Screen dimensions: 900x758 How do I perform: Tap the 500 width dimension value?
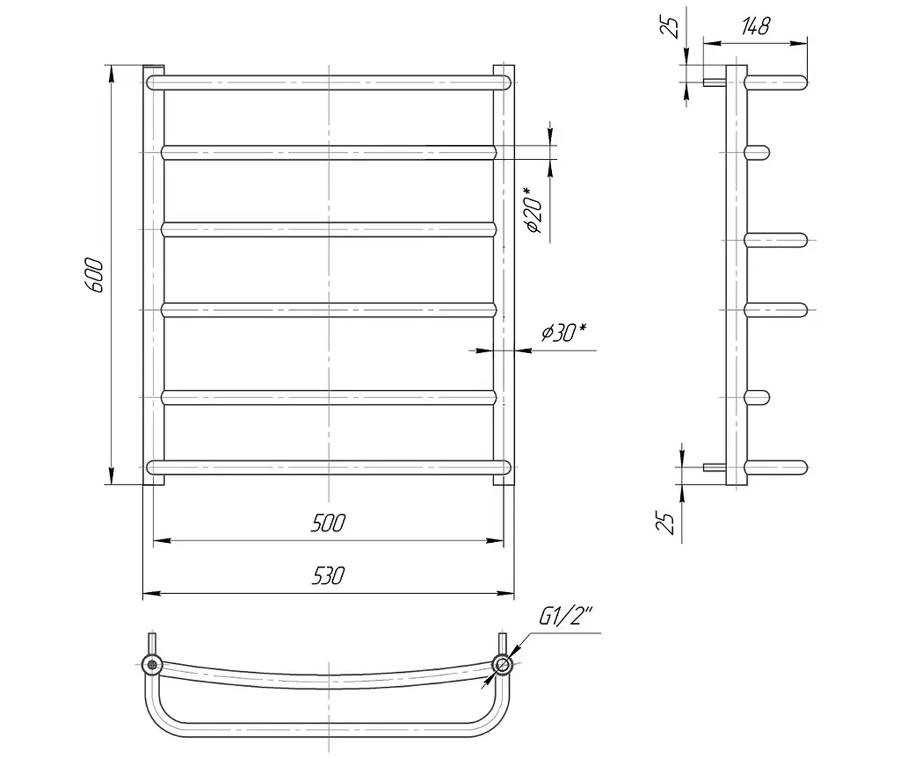329,523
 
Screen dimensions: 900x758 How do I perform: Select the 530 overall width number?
329,575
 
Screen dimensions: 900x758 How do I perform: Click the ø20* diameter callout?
533,210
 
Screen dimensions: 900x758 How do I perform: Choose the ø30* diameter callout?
564,332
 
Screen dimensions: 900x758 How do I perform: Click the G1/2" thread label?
565,617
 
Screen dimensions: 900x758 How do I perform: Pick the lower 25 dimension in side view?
667,522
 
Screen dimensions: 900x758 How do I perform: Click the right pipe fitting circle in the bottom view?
502,665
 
